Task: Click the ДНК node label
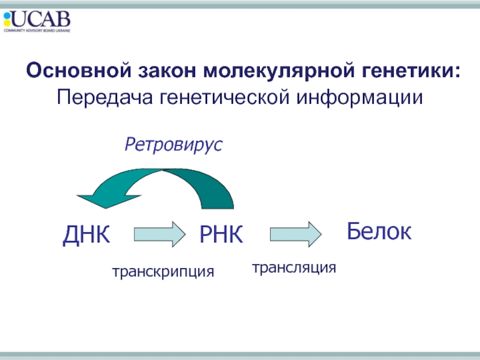click(x=87, y=235)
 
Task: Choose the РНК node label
click(x=221, y=235)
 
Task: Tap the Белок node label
click(x=379, y=231)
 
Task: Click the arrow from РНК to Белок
click(x=296, y=233)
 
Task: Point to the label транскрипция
click(x=163, y=271)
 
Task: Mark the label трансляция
click(x=294, y=267)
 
